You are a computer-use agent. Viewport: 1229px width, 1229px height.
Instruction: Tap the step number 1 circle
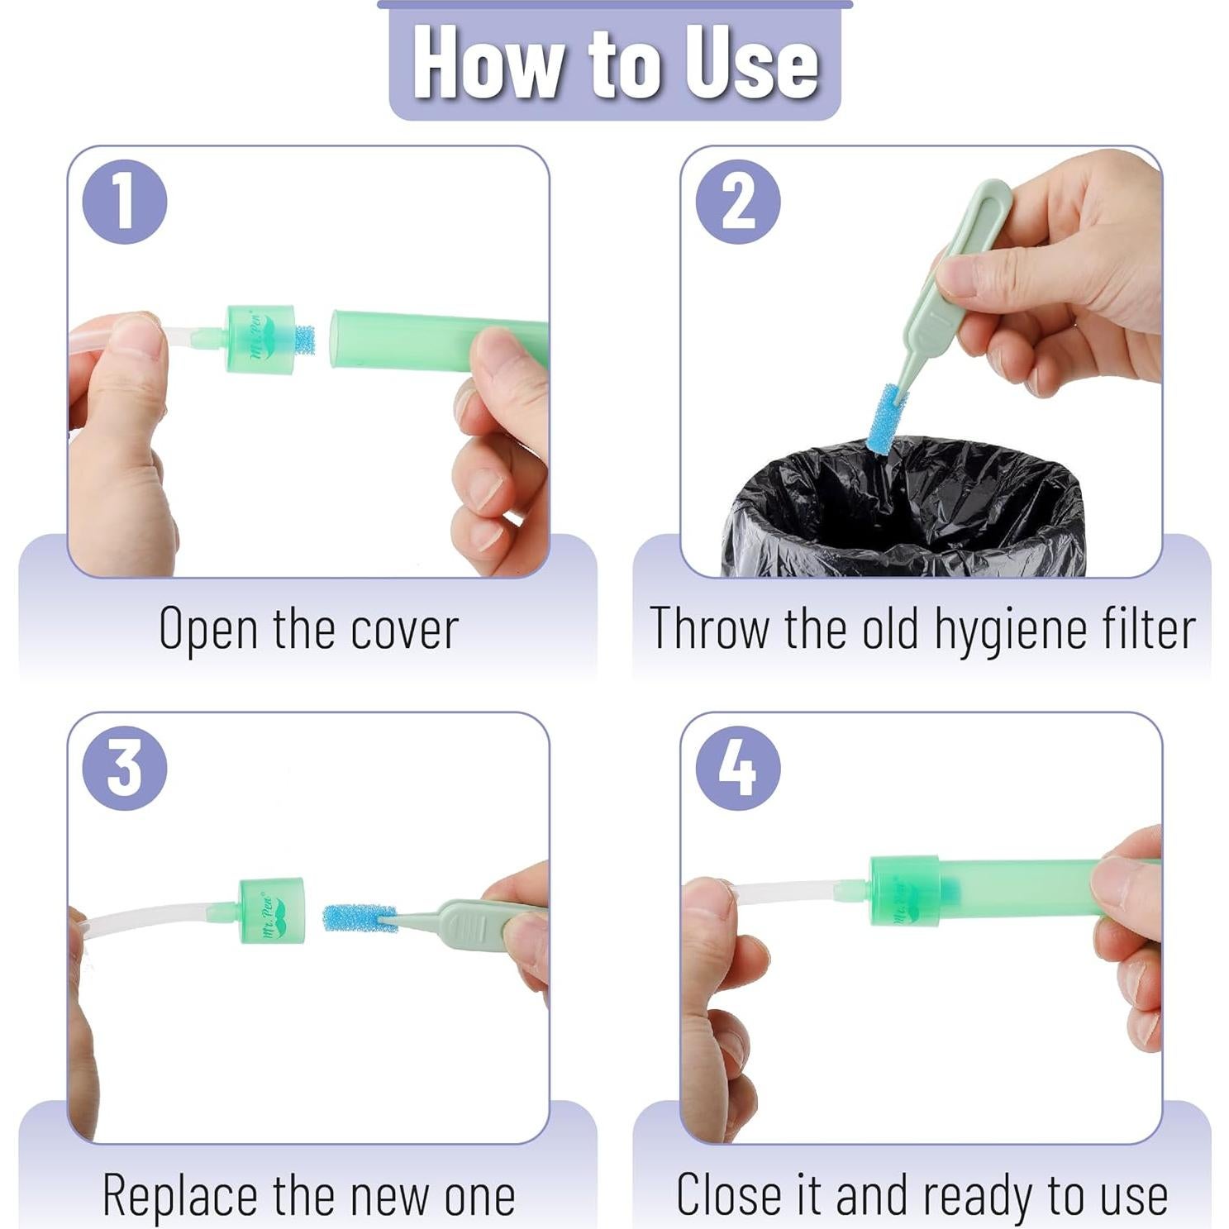(x=125, y=202)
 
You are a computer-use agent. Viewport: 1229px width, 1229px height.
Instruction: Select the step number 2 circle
(x=738, y=202)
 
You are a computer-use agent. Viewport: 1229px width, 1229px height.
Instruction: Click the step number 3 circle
(x=125, y=768)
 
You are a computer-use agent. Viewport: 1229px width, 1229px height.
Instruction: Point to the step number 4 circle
(x=738, y=768)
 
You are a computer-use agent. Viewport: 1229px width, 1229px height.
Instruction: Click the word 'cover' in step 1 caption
(x=404, y=630)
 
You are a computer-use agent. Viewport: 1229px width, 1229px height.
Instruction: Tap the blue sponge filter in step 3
(x=357, y=917)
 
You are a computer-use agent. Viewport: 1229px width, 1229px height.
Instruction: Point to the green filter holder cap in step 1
(x=260, y=339)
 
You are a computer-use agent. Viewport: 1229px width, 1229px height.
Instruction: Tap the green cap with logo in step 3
(x=271, y=911)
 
